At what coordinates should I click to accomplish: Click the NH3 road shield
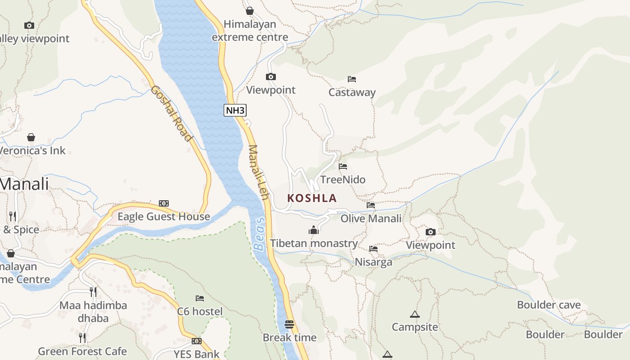(x=235, y=110)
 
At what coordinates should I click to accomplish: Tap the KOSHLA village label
(x=312, y=198)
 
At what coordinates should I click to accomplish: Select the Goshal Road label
(x=171, y=113)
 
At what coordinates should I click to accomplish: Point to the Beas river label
(x=260, y=234)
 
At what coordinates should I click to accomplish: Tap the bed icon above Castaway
(x=352, y=79)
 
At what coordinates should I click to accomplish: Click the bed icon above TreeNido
(x=343, y=166)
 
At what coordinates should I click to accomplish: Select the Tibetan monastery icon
(x=314, y=230)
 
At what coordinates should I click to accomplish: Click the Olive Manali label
(x=371, y=219)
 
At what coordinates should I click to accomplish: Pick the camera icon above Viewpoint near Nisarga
(x=431, y=232)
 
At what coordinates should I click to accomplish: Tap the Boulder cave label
(x=549, y=305)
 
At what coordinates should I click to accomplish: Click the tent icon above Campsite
(x=414, y=314)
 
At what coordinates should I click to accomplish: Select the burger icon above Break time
(x=289, y=324)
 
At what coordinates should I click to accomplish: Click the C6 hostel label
(x=200, y=311)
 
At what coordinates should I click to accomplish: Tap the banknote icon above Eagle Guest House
(x=164, y=203)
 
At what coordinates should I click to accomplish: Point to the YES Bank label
(x=197, y=354)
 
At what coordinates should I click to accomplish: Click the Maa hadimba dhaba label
(x=93, y=311)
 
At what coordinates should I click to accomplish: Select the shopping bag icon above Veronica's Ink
(x=31, y=137)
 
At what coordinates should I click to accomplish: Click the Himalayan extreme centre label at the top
(x=250, y=31)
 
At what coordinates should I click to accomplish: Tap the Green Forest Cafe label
(x=82, y=351)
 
